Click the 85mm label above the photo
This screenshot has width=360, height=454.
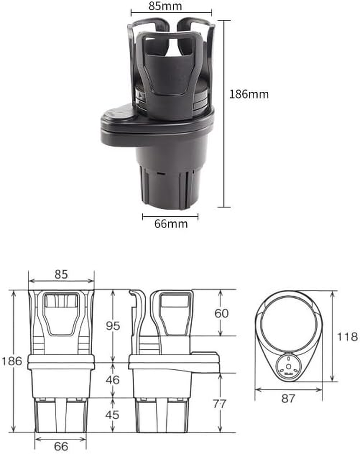171,7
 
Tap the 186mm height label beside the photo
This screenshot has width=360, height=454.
249,94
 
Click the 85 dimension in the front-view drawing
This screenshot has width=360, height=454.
61,274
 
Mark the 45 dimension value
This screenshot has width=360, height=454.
112,414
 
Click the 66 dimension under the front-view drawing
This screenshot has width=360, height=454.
61,446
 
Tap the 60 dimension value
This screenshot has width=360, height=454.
221,313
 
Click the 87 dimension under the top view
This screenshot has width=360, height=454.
288,398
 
